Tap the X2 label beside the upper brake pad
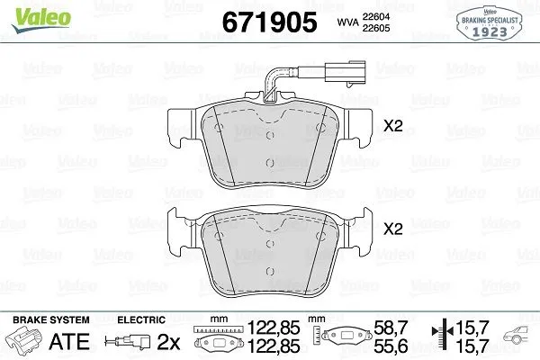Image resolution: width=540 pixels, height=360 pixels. (394, 127)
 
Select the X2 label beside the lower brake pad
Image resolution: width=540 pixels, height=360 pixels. (394, 229)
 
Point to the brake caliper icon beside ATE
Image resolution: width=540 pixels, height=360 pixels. (25, 341)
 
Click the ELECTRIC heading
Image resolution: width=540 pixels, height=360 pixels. (141, 319)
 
